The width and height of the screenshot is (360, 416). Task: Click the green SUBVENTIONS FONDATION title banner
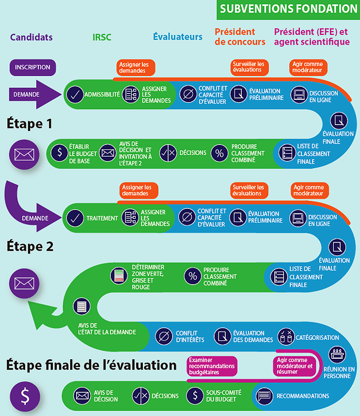288,10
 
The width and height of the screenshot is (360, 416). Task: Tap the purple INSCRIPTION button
32,67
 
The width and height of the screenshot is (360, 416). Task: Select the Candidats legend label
31,37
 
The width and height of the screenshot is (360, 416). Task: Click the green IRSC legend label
102,37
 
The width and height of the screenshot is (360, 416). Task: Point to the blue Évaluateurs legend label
178,37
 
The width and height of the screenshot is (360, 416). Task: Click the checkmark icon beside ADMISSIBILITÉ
75,95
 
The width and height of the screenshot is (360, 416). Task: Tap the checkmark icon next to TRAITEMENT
75,218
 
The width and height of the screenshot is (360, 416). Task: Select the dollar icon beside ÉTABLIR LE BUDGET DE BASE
60,153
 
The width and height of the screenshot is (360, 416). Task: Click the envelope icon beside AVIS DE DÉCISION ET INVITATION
108,153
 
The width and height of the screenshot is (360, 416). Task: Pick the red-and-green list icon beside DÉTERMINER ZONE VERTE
119,276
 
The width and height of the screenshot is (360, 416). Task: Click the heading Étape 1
30,124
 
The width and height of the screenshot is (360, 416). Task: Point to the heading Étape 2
30,246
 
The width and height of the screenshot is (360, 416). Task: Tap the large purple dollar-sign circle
25,397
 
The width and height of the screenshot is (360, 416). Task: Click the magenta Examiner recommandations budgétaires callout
212,366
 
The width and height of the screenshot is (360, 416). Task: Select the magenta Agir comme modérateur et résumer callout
295,366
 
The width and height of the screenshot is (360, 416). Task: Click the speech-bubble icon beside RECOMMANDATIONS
264,396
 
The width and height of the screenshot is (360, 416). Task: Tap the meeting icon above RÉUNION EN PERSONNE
337,354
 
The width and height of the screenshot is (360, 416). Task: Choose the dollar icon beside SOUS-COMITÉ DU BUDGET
195,396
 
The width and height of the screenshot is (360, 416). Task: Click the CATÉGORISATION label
317,338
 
